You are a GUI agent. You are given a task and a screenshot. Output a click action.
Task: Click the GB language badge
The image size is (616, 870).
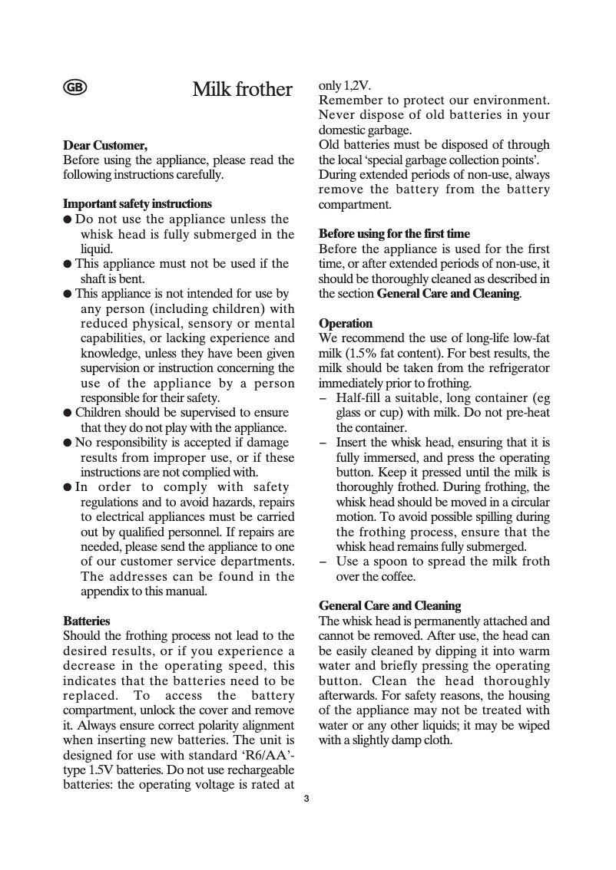click(75, 87)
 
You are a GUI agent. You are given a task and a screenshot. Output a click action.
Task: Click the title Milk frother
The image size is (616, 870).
click(242, 89)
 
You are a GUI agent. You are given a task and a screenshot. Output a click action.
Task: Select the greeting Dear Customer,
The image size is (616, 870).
click(104, 145)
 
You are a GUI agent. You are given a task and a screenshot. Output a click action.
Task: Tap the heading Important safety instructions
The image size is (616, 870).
click(137, 204)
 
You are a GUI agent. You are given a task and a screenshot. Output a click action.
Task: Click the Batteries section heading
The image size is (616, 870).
click(86, 621)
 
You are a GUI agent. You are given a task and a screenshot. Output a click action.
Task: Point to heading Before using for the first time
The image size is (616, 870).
click(394, 233)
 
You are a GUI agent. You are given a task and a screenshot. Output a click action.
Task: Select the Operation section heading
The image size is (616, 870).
click(345, 324)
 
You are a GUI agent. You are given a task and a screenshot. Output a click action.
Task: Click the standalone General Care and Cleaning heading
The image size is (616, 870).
click(389, 606)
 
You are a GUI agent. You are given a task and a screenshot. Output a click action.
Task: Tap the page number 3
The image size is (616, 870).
click(306, 799)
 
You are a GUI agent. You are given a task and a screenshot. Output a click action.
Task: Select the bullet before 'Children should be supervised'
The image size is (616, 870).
click(68, 413)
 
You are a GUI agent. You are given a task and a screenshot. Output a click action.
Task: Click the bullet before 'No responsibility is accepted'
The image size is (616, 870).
click(68, 443)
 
